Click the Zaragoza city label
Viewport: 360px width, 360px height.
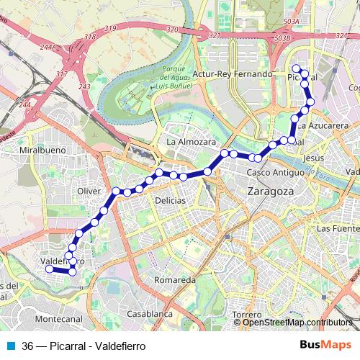point(270,192)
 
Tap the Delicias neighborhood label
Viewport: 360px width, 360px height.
point(170,200)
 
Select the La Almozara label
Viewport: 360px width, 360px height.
point(191,142)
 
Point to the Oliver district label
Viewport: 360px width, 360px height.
point(89,191)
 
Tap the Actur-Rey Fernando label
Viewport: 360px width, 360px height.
point(236,74)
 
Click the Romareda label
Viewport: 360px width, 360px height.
point(176,279)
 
